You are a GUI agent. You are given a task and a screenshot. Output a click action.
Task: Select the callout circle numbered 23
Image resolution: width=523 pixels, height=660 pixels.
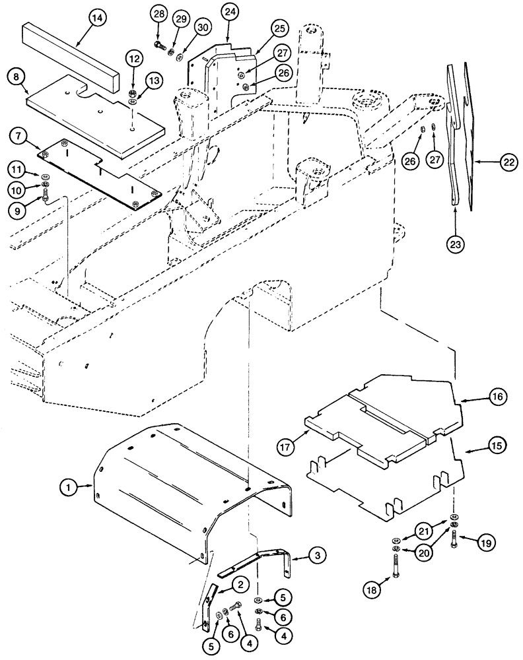(456, 245)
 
